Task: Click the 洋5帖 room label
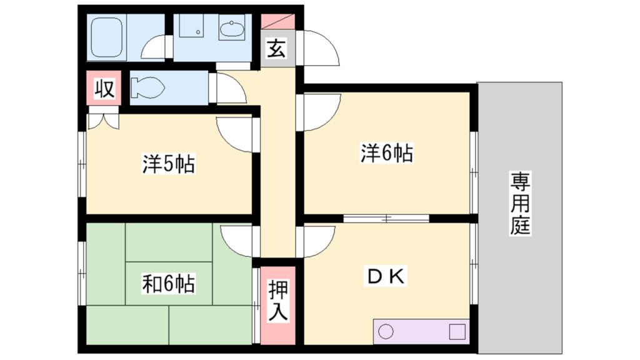[x=169, y=165]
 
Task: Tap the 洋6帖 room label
[x=386, y=153]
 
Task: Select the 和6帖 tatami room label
[x=168, y=284]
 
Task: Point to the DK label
[x=386, y=276]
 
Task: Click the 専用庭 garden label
[x=520, y=204]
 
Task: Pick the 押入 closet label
[x=278, y=301]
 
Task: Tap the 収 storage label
[x=104, y=89]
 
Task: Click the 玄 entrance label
[x=276, y=49]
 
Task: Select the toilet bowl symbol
[x=146, y=87]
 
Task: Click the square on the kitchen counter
[x=457, y=331]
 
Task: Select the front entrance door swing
[x=320, y=47]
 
